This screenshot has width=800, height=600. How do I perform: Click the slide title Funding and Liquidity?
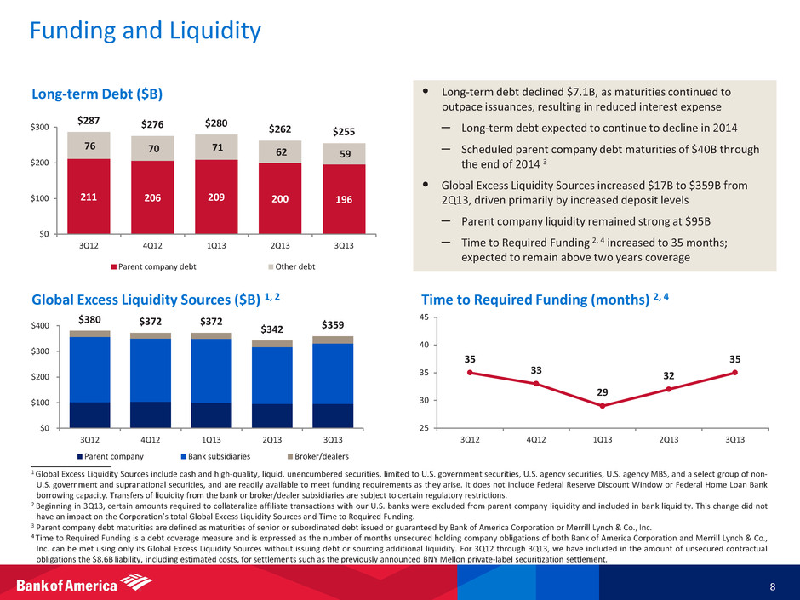click(x=145, y=32)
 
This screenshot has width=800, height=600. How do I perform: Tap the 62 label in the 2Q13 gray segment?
click(x=280, y=152)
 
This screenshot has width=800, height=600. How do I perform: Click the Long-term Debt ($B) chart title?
click(x=96, y=92)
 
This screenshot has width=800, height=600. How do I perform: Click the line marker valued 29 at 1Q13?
click(x=603, y=406)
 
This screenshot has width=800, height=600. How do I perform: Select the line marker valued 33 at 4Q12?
click(x=536, y=384)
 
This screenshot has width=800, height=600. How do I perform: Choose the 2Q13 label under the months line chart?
click(x=668, y=439)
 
